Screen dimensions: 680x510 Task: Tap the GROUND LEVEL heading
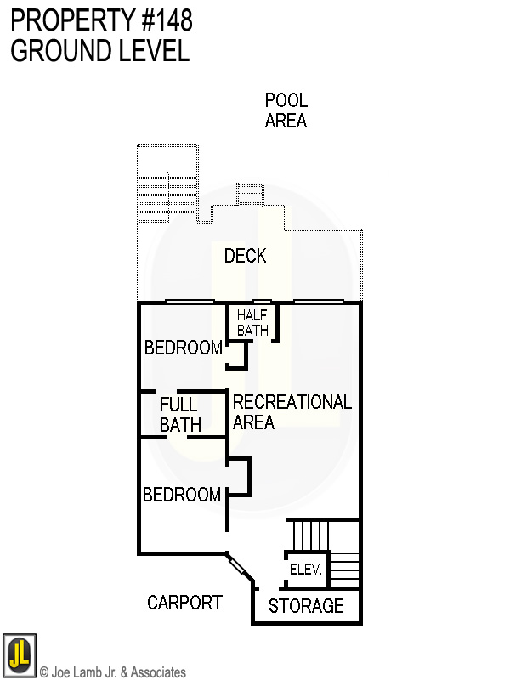coord(99,51)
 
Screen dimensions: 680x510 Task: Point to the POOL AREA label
coord(286,110)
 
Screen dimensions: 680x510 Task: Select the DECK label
coord(245,256)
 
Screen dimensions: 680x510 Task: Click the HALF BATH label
coord(252,323)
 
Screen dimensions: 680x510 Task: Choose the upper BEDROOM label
coord(183,348)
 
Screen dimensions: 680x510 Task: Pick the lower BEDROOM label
coord(182,495)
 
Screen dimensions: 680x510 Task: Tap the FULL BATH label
coord(179,415)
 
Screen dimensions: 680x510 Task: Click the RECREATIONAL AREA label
coord(292,411)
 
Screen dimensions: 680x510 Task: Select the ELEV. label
coord(305,569)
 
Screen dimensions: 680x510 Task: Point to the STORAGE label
coord(306,606)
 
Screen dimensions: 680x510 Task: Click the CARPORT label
coord(184,603)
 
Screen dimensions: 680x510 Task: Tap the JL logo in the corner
coord(19,655)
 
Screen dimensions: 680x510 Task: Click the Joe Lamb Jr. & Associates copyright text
coord(113,672)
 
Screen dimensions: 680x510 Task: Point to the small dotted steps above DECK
coord(250,195)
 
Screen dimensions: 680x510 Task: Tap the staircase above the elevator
coord(310,535)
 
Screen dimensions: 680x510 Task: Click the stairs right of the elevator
coord(344,567)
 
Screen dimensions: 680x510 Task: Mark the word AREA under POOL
coord(286,121)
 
